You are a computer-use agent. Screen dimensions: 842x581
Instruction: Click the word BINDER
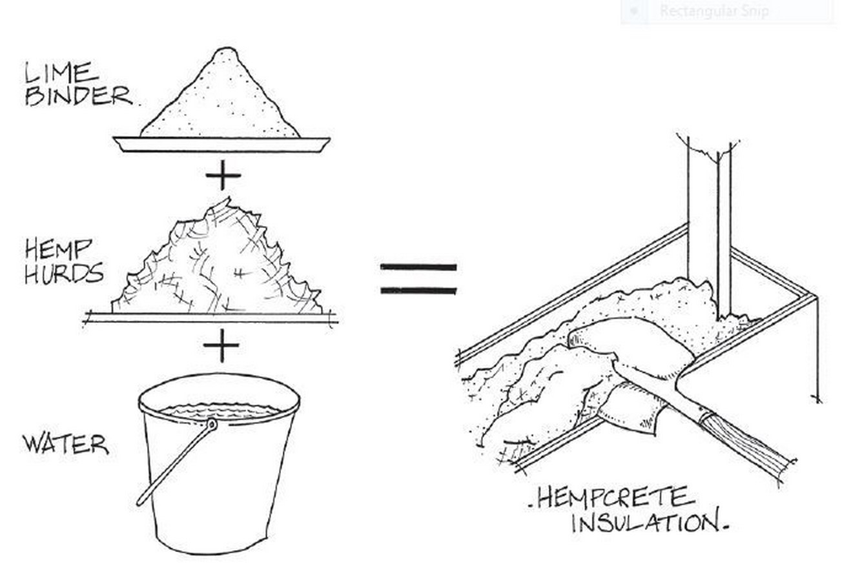click(79, 96)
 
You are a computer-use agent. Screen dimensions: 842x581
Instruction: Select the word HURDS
click(64, 272)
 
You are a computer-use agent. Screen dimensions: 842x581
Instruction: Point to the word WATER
click(66, 445)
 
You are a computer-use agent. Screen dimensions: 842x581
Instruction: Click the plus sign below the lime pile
click(223, 175)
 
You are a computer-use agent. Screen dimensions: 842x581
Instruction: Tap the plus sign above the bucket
click(221, 345)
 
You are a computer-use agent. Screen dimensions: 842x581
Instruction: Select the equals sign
click(418, 278)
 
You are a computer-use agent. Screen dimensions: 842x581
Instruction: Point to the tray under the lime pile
click(221, 145)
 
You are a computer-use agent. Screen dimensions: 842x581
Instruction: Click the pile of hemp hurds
click(217, 260)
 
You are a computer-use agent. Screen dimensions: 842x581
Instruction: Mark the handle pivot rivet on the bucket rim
click(212, 425)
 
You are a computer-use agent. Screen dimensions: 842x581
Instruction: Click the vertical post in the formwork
click(710, 229)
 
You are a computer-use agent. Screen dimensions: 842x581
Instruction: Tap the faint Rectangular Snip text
click(714, 11)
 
